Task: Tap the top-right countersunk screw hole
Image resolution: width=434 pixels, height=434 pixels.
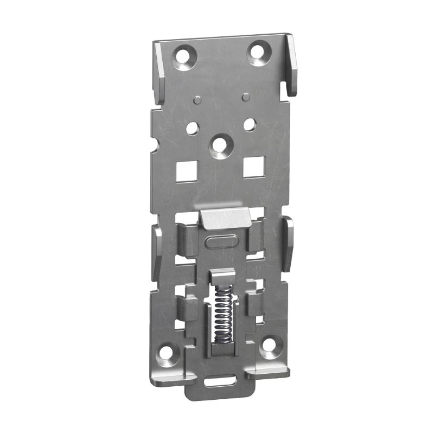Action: pos(258,53)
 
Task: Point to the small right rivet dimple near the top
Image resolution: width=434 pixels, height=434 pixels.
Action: pos(245,97)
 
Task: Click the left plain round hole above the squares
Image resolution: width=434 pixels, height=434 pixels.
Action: pos(192,128)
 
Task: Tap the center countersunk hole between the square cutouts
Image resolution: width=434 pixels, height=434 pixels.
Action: pos(220,146)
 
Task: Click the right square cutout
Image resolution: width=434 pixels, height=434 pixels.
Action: pos(253,167)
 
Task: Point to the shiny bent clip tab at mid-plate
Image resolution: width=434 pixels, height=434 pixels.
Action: pos(225,218)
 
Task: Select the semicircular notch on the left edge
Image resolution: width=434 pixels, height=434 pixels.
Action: pos(154,145)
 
